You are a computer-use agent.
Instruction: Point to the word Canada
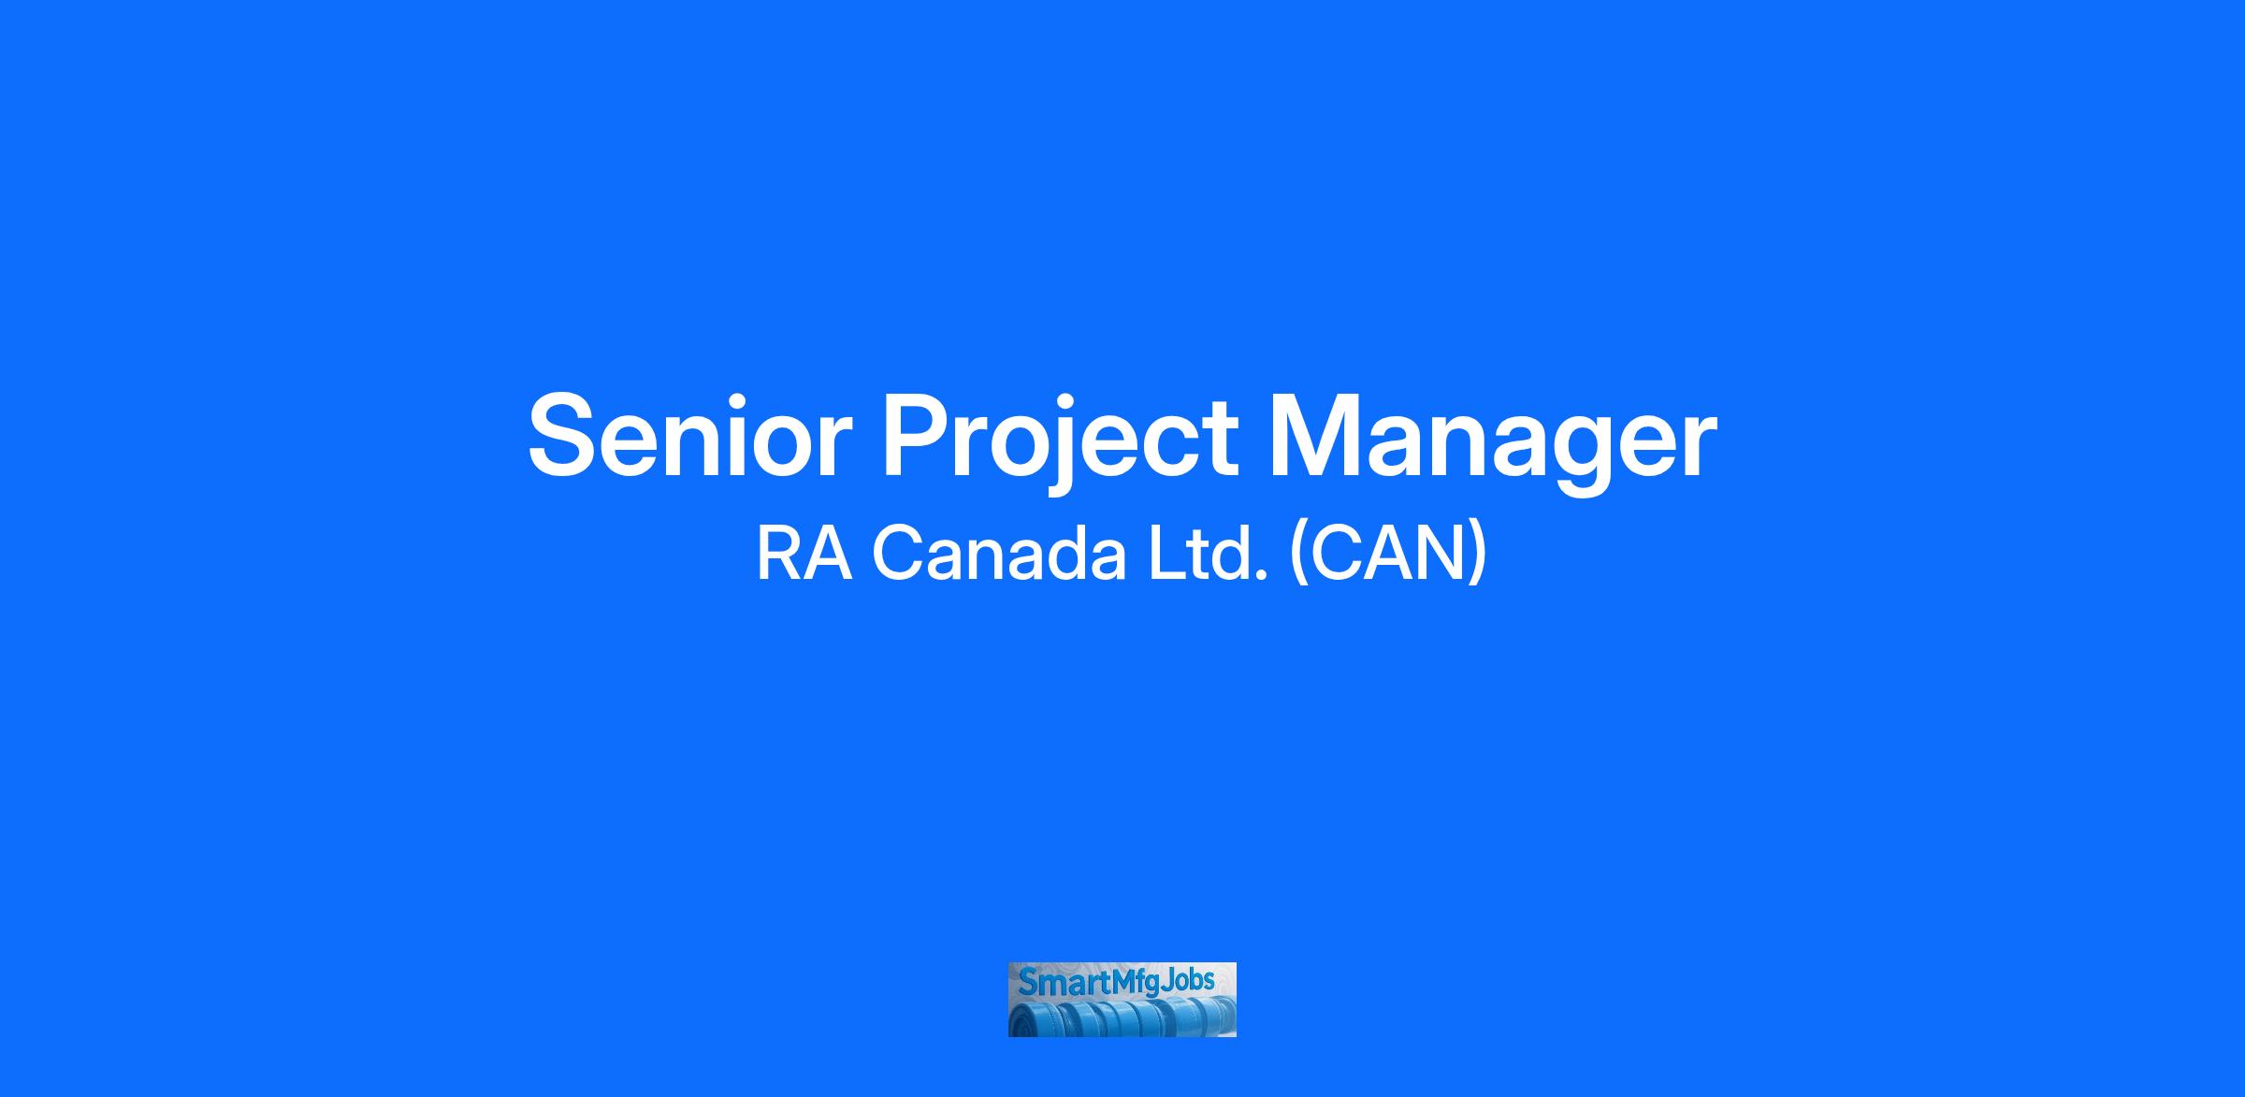click(999, 555)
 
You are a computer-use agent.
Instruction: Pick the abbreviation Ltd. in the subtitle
click(1209, 554)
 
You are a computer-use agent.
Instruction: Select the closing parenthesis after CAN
click(1476, 556)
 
